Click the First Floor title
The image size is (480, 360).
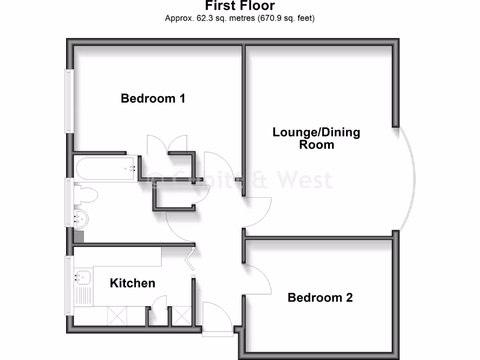point(240,6)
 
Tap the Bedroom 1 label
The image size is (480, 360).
point(153,98)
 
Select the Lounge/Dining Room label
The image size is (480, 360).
point(316,138)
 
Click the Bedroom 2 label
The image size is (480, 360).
point(320,297)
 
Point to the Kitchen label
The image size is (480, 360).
point(132,283)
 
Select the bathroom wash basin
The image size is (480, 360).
point(81,217)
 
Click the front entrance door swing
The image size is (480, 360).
point(217,316)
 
